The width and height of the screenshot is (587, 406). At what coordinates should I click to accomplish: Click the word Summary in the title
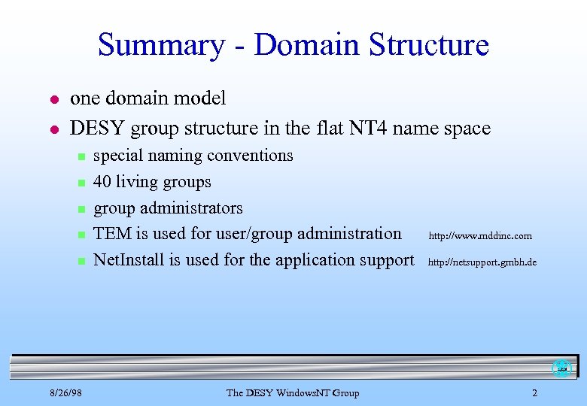(x=160, y=45)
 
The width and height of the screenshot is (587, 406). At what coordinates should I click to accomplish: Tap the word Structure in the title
(x=429, y=45)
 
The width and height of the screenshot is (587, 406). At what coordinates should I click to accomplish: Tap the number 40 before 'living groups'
(x=104, y=182)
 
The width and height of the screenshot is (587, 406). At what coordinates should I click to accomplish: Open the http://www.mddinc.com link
(x=480, y=236)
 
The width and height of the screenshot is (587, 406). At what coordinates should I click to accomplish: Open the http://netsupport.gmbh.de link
(x=482, y=262)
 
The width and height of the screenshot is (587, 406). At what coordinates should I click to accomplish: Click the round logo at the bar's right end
(x=561, y=368)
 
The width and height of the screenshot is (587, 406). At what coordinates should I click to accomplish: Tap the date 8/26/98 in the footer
(x=66, y=393)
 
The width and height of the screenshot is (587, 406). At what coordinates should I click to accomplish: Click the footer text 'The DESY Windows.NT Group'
(x=293, y=393)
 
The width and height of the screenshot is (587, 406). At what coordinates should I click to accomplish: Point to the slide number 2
(x=534, y=393)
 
